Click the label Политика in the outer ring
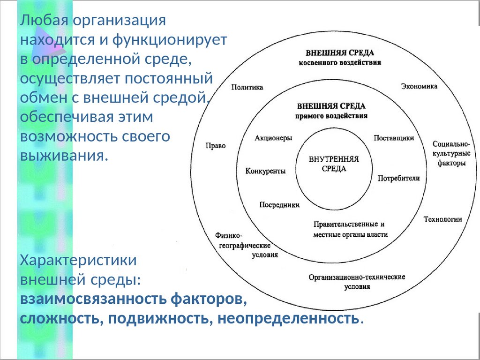247,87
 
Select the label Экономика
419,86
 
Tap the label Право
216,146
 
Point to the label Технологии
443,219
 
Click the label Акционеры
274,138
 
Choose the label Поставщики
394,138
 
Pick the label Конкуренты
265,171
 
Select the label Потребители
398,178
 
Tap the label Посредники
279,204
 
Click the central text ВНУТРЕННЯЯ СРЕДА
334,164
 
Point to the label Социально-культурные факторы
451,153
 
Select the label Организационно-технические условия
357,281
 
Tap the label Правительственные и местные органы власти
350,229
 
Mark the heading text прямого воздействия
331,115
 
